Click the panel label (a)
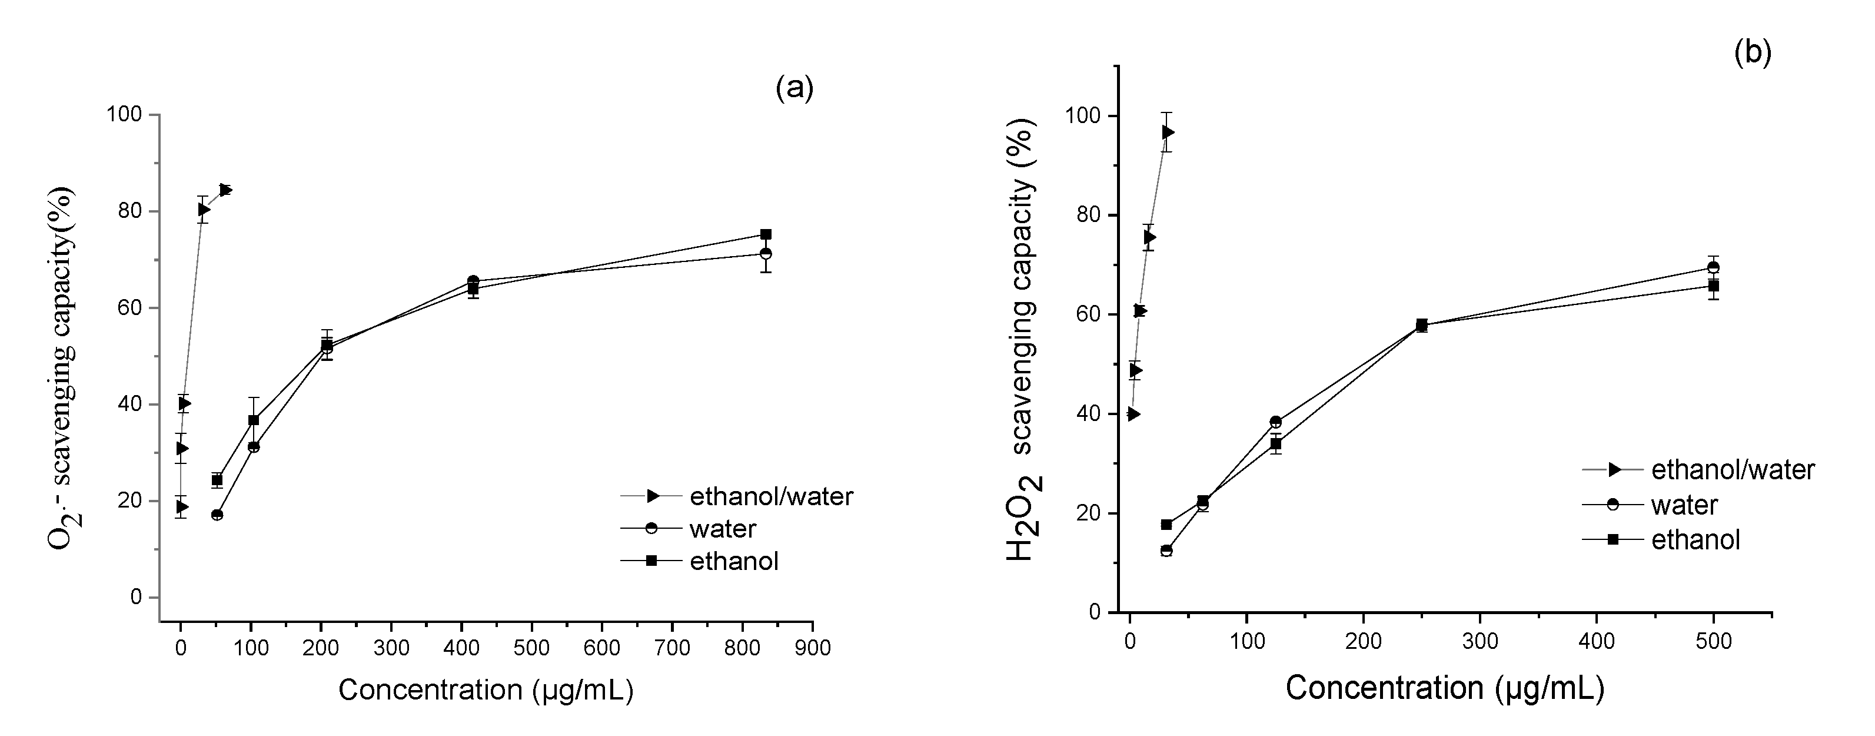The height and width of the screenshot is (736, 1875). [794, 88]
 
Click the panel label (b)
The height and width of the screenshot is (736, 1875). [1752, 53]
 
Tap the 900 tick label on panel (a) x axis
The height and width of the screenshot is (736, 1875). [812, 647]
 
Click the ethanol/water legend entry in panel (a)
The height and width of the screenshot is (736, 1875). [770, 496]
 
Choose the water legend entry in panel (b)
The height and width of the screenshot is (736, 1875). [1684, 505]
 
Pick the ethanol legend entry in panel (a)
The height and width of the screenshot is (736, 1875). [734, 561]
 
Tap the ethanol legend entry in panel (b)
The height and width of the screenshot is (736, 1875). [1696, 539]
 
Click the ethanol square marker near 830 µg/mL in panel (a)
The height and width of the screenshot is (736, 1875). [766, 234]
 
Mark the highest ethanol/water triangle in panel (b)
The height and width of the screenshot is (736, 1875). [1168, 132]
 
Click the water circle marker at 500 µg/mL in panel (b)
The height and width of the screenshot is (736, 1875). [1713, 267]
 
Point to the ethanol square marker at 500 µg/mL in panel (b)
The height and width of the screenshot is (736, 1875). [1713, 286]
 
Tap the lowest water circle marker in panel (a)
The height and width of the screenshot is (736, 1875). [217, 515]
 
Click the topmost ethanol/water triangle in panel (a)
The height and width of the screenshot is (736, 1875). [225, 190]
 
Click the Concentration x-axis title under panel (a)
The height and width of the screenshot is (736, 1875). [486, 690]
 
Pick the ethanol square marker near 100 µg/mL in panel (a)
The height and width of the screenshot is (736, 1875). [253, 420]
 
